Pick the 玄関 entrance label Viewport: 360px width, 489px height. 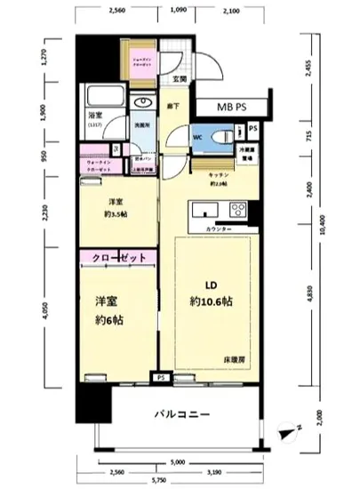(180, 78)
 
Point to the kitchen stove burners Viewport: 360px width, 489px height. (238, 211)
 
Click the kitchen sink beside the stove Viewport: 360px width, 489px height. (203, 211)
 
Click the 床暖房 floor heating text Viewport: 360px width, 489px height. (235, 358)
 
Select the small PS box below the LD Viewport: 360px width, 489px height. (161, 376)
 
